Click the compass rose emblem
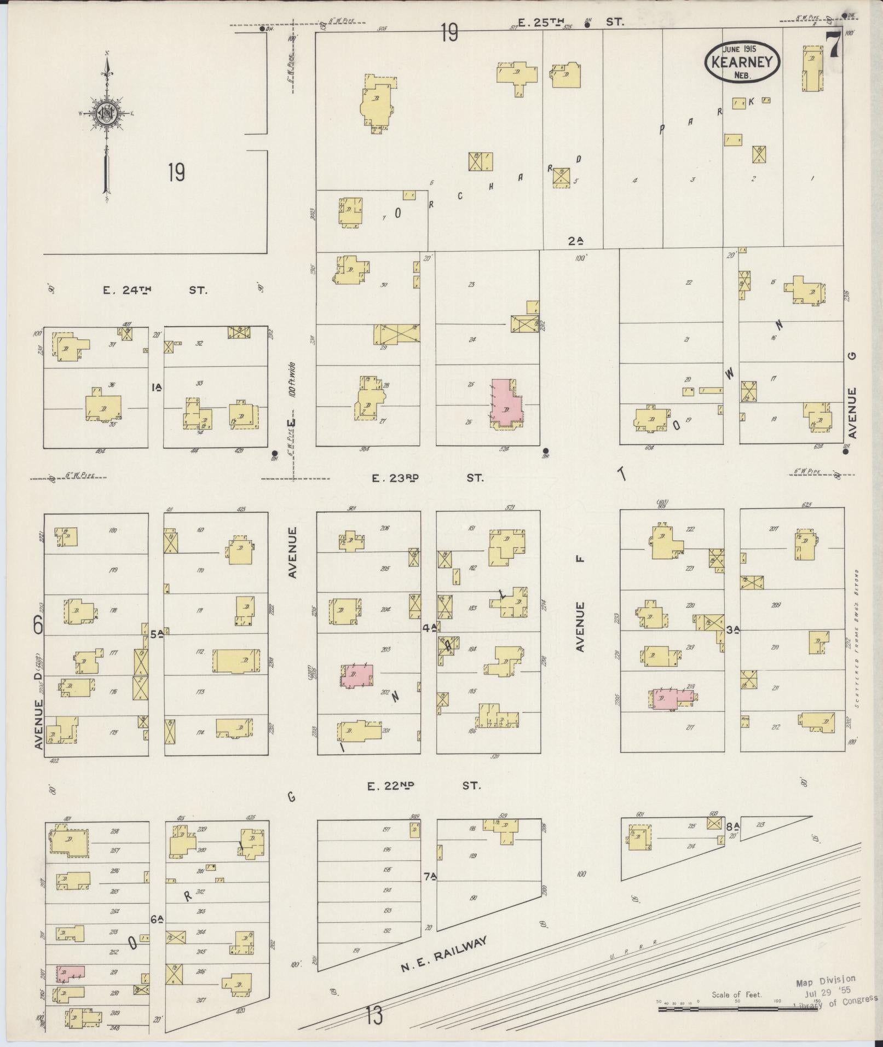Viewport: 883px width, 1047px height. pyautogui.click(x=106, y=114)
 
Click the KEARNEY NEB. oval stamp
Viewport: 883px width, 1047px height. pyautogui.click(x=742, y=61)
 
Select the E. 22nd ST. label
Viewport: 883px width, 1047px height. pyautogui.click(x=424, y=786)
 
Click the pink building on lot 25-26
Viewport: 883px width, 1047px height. pyautogui.click(x=506, y=404)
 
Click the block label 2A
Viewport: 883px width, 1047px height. pyautogui.click(x=575, y=240)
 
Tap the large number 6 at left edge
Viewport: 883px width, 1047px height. pyautogui.click(x=38, y=624)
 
